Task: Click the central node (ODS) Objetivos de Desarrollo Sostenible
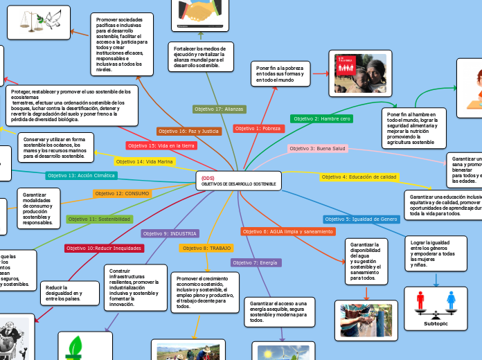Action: tap(239, 181)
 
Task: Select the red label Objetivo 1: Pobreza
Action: tap(258, 128)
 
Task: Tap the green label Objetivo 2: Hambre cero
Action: tap(322, 118)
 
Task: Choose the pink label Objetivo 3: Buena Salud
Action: tap(317, 148)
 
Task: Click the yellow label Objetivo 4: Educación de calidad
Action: tap(359, 177)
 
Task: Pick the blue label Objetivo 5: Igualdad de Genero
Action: tap(361, 219)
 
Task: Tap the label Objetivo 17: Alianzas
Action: tap(219, 109)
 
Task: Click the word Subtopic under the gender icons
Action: tap(436, 323)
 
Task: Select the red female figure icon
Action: tap(420, 300)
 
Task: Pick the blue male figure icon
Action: tap(452, 300)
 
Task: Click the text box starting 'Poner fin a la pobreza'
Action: tap(280, 75)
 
